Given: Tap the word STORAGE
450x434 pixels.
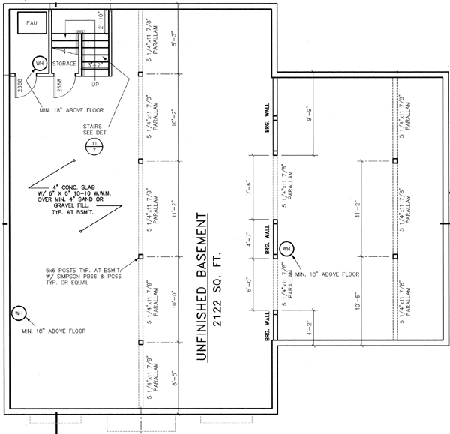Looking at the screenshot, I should (64, 64).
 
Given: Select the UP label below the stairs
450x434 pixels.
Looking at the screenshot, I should (94, 85).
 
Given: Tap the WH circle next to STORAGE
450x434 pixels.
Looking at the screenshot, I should (39, 64).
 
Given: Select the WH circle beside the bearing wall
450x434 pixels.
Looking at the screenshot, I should (287, 249).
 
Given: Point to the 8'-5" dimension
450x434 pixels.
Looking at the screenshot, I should (175, 372).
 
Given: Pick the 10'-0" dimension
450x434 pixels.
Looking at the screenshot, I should (175, 300).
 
